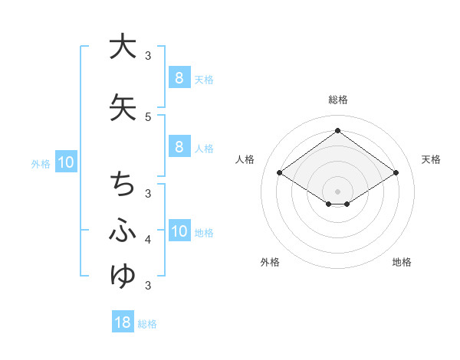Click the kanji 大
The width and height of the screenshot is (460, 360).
[123, 47]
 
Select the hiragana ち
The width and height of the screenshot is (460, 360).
[123, 185]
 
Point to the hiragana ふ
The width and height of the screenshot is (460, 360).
[123, 230]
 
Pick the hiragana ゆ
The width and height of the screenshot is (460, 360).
[123, 275]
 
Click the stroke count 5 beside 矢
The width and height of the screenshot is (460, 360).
[148, 116]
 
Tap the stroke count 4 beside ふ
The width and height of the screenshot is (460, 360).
[148, 240]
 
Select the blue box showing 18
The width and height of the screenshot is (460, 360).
[123, 322]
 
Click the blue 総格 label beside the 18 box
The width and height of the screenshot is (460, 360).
[147, 324]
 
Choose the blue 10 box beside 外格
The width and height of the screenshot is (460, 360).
[66, 162]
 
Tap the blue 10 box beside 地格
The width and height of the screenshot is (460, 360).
[179, 231]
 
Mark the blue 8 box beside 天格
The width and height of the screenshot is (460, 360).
[179, 77]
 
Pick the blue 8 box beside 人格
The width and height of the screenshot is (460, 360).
[179, 147]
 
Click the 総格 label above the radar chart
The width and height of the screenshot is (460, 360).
[337, 100]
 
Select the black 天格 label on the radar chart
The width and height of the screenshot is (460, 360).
[432, 159]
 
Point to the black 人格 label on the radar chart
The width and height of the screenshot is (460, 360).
[245, 159]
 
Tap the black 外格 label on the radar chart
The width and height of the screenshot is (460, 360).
[270, 262]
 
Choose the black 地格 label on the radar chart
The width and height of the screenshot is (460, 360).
[402, 262]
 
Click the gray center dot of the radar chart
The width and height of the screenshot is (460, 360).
[337, 191]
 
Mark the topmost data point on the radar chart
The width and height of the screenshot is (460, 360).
[337, 130]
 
